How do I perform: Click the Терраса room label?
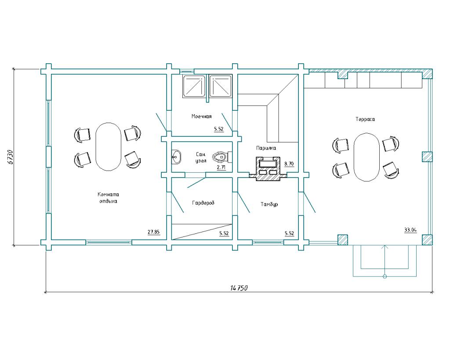pos(365,119)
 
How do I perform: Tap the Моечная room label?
pos(201,116)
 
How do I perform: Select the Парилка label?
pos(266,148)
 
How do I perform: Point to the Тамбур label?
pos(269,204)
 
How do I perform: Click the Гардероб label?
pos(203,203)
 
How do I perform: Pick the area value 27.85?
pos(153,232)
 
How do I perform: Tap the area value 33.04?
pos(410,229)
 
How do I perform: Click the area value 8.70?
pos(289,164)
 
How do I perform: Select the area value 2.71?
pos(221,167)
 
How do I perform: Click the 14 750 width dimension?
pos(239,287)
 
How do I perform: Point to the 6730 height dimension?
pos(10,157)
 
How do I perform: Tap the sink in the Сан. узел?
pos(176,157)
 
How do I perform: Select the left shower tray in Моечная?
pos(194,86)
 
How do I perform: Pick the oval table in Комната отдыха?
pos(108,147)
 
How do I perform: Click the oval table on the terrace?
pos(367,157)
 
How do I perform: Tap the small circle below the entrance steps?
pos(385,276)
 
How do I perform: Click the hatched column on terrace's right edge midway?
pos(427,157)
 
